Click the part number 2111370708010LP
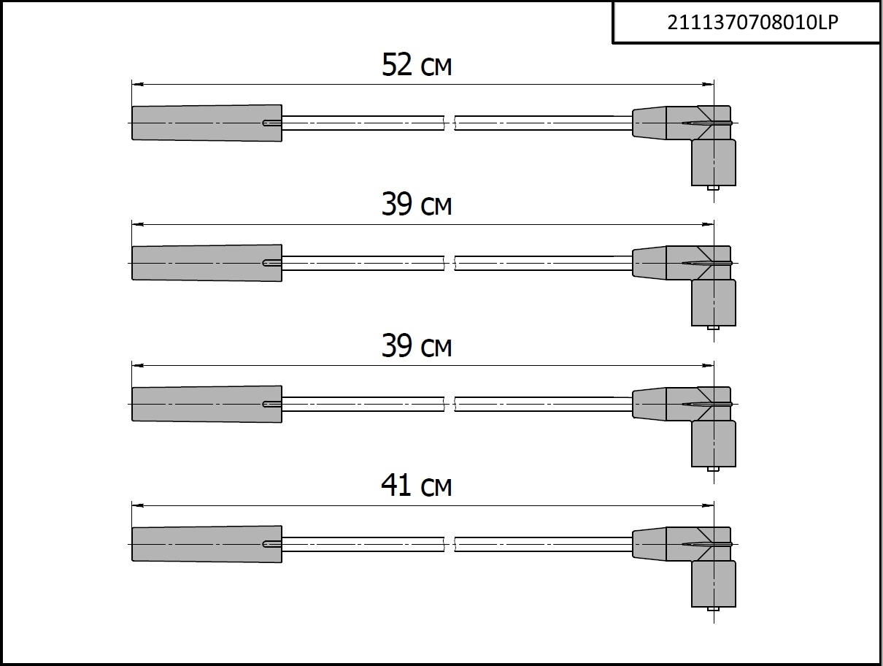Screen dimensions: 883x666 pyautogui.click(x=752, y=23)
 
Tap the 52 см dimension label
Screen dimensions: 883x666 pyautogui.click(x=417, y=65)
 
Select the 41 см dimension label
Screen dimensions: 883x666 pyautogui.click(x=417, y=486)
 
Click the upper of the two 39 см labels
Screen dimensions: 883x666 pyautogui.click(x=417, y=204)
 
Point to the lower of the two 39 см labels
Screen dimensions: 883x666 pyautogui.click(x=417, y=345)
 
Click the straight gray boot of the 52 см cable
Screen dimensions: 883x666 pyautogui.click(x=207, y=123)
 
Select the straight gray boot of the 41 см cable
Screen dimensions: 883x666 pyautogui.click(x=207, y=544)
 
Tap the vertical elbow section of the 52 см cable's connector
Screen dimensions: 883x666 pyautogui.click(x=714, y=163)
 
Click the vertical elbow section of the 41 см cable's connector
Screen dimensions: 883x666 pyautogui.click(x=714, y=583)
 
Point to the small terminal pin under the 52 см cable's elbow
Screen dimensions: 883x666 pyautogui.click(x=713, y=188)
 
